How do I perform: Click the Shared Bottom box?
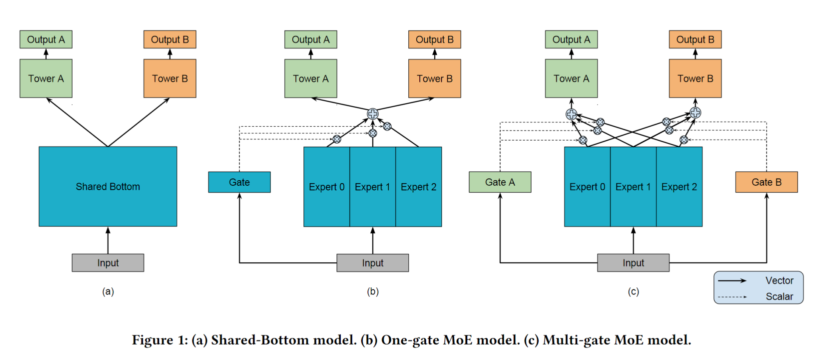[108, 186]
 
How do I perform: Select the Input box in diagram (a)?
[108, 263]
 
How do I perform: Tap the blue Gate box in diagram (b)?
[239, 182]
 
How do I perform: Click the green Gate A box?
[500, 182]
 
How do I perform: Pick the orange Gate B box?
[766, 182]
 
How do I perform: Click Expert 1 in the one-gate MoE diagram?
[372, 187]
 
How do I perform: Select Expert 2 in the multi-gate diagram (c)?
[679, 187]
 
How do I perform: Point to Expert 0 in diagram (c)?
[587, 187]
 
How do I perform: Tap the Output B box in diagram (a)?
[170, 40]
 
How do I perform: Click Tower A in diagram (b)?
[311, 79]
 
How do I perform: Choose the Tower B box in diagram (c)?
[695, 79]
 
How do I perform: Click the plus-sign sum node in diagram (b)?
[373, 113]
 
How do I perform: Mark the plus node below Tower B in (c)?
[695, 113]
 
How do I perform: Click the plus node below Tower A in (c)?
[571, 114]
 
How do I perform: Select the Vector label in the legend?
[779, 281]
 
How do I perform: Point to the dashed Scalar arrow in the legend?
[732, 297]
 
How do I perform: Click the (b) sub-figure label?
[373, 292]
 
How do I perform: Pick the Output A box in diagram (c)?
[571, 40]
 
